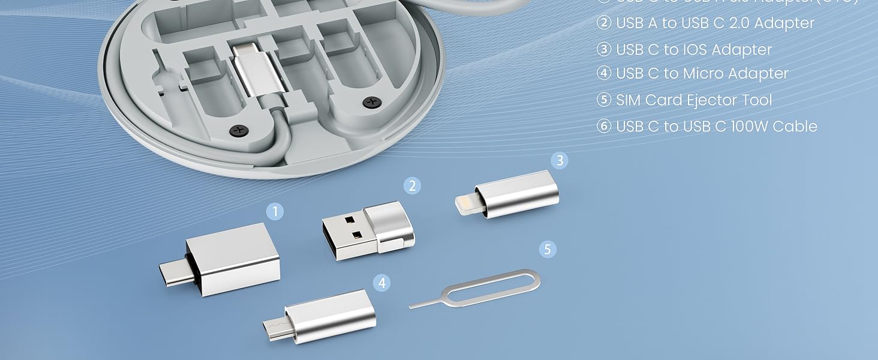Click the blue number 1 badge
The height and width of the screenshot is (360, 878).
pyautogui.click(x=275, y=211)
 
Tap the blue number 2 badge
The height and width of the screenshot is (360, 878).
pyautogui.click(x=411, y=185)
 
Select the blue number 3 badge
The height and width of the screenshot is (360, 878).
pyautogui.click(x=560, y=160)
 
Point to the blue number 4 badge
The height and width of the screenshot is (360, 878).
pyautogui.click(x=382, y=283)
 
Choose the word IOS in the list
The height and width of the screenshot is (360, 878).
pyautogui.click(x=699, y=49)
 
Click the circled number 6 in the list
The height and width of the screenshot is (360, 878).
pyautogui.click(x=603, y=126)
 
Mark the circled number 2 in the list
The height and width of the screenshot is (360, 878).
pyautogui.click(x=603, y=23)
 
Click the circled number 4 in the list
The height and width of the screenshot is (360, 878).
pyautogui.click(x=603, y=73)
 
